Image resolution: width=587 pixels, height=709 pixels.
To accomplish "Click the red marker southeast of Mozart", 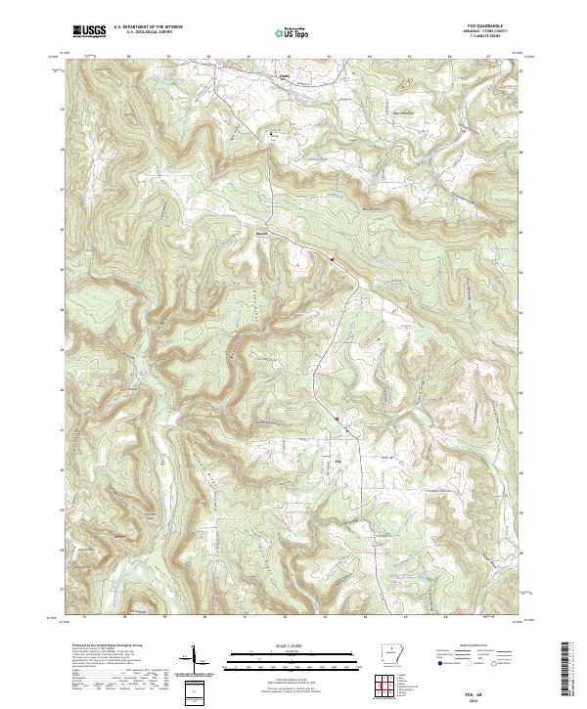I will (333, 259).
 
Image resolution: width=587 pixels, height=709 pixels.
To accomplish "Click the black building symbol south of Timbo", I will (273, 133).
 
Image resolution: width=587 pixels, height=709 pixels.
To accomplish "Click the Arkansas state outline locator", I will (389, 656).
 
